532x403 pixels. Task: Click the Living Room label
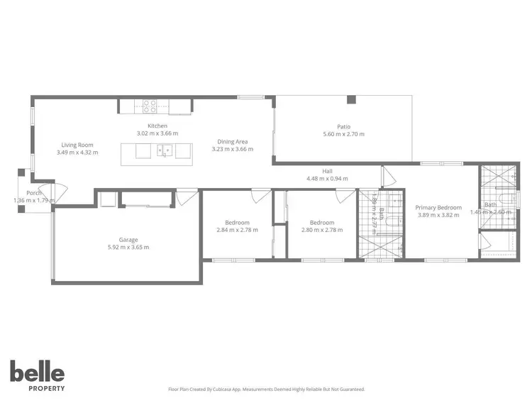[77, 144]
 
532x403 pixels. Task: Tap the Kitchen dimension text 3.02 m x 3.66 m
[157, 133]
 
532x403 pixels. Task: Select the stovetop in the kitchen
[150, 106]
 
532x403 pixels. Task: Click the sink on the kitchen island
[164, 150]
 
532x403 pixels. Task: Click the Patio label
[344, 126]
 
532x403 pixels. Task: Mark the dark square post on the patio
[350, 100]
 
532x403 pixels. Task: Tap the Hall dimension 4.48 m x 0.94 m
[327, 179]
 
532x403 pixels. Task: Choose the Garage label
[128, 240]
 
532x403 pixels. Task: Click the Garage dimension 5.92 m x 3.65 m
[128, 248]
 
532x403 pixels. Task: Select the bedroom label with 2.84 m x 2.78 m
[237, 222]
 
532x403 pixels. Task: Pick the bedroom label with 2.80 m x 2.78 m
[322, 222]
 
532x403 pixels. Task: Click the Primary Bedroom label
[438, 207]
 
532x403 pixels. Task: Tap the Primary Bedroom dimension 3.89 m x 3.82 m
[438, 215]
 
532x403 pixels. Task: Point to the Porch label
[33, 193]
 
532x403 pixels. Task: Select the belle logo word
[37, 372]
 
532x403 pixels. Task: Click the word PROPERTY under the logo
[37, 388]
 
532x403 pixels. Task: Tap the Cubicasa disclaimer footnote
[266, 389]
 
